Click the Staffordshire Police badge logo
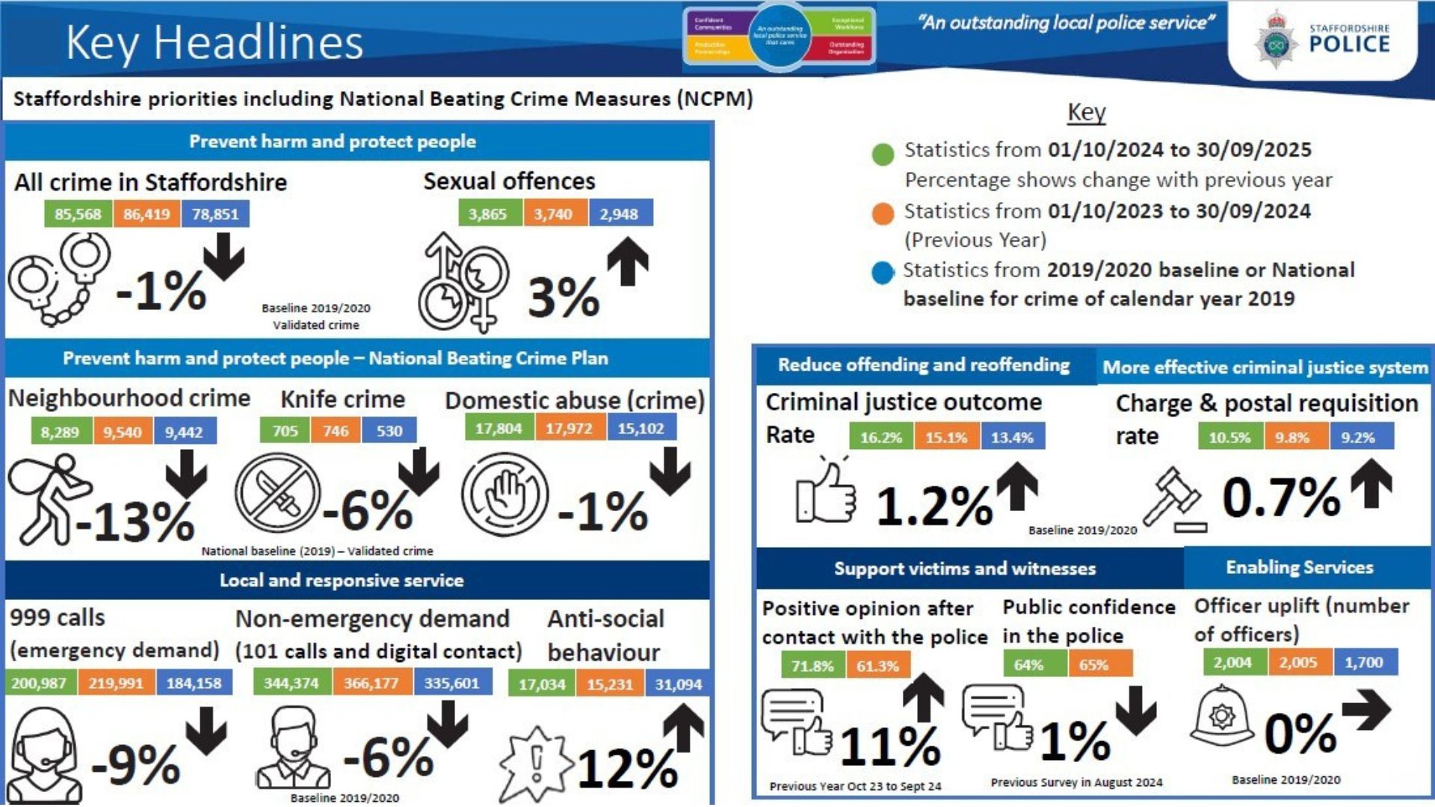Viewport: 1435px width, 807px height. pyautogui.click(x=1276, y=41)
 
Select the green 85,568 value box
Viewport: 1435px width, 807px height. pyautogui.click(x=78, y=214)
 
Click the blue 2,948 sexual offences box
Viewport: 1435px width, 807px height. pyautogui.click(x=620, y=214)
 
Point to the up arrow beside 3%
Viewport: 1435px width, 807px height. pyautogui.click(x=627, y=262)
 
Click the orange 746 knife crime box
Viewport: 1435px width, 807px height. pyautogui.click(x=336, y=430)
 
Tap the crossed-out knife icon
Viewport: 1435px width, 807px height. pyautogui.click(x=278, y=493)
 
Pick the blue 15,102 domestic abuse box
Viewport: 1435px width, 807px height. pyautogui.click(x=641, y=428)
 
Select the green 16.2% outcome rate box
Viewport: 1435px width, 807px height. pyautogui.click(x=881, y=437)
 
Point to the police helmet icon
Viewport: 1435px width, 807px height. pyautogui.click(x=1222, y=716)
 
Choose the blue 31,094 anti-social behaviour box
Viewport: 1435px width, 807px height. pyautogui.click(x=678, y=684)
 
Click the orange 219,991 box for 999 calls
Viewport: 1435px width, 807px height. pyautogui.click(x=115, y=683)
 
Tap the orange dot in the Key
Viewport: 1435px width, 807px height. pyautogui.click(x=883, y=214)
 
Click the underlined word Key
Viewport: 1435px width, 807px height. pyautogui.click(x=1086, y=112)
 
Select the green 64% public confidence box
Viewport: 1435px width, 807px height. pyautogui.click(x=1028, y=664)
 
